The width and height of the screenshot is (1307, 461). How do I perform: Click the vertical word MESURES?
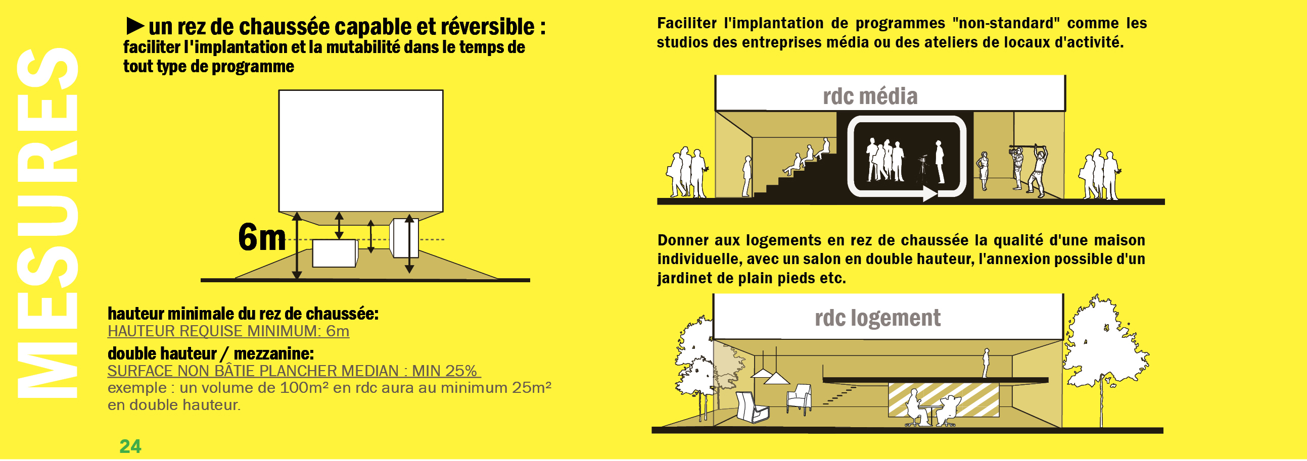[x=47, y=223]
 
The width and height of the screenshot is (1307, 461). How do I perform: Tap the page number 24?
[x=130, y=447]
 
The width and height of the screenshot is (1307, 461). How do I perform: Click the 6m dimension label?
[x=262, y=237]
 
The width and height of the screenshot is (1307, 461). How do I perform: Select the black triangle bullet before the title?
[x=135, y=26]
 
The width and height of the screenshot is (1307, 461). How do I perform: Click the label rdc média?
[x=870, y=96]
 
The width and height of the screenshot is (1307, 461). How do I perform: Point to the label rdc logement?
[x=877, y=318]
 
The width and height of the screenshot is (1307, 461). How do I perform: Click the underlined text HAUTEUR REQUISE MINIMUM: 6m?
[x=228, y=331]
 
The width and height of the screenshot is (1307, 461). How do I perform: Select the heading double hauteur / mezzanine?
[x=211, y=353]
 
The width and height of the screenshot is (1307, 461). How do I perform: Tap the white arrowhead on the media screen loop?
[x=929, y=193]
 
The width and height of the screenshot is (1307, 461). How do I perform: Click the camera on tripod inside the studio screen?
[x=923, y=169]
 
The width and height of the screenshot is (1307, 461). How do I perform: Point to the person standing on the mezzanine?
[x=986, y=363]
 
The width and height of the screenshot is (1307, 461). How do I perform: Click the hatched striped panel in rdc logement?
[x=943, y=399]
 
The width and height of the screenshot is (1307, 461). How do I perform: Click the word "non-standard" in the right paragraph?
[x=1006, y=23]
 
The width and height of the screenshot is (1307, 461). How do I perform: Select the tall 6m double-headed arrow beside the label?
[x=297, y=246]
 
